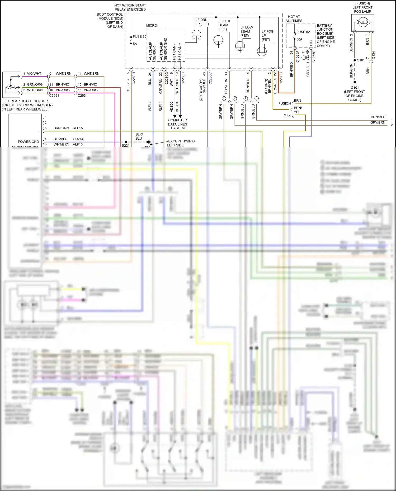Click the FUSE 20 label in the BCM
(x=139, y=36)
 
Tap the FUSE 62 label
(x=303, y=32)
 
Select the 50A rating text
(x=299, y=39)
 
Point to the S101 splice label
(x=361, y=60)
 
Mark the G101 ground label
(x=355, y=88)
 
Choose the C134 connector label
(x=373, y=55)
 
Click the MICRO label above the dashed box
(x=152, y=26)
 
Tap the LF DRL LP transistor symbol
(x=196, y=34)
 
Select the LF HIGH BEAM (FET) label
(x=225, y=25)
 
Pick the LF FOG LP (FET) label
(x=267, y=35)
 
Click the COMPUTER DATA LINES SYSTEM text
(x=178, y=124)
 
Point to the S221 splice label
(x=126, y=145)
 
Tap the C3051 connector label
(x=54, y=96)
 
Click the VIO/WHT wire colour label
(x=34, y=74)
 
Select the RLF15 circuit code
(x=78, y=128)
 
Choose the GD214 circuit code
(x=78, y=139)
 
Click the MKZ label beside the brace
(x=287, y=115)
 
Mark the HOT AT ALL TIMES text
(x=294, y=19)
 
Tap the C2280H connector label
(x=134, y=78)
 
